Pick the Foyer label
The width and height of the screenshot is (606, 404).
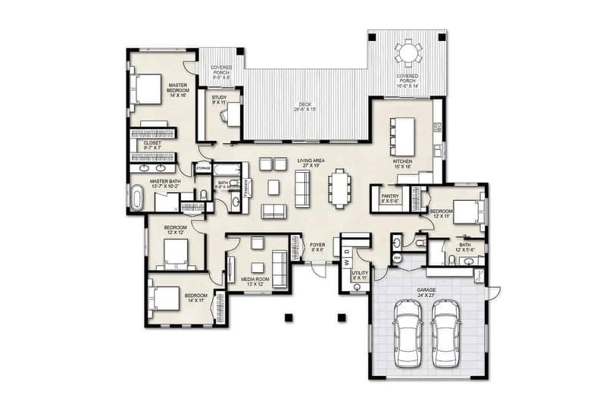click(317, 247)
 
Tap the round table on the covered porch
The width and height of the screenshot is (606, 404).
click(408, 54)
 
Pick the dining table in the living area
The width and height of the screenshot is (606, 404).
click(338, 186)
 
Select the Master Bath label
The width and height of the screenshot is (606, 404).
click(164, 183)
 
